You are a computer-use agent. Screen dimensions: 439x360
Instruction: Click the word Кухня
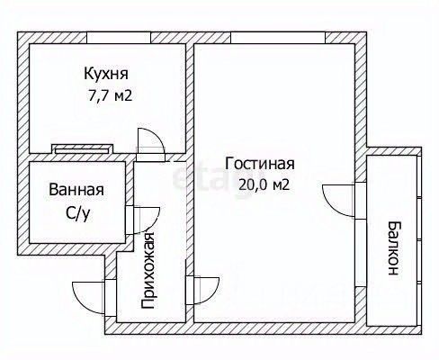tap(106, 74)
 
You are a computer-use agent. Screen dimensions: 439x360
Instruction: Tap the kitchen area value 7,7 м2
tap(110, 95)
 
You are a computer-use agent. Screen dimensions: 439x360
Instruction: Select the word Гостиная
tap(260, 164)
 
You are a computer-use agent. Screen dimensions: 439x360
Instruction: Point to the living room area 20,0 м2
tap(264, 185)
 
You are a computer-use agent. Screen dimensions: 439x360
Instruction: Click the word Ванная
tap(76, 190)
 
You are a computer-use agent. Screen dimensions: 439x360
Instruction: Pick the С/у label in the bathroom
tap(78, 213)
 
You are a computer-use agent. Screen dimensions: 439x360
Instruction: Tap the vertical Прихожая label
tap(148, 270)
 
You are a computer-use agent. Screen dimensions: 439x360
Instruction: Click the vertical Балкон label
tap(393, 247)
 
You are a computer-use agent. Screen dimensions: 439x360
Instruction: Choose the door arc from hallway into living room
tap(213, 294)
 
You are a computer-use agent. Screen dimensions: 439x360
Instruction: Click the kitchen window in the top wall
tap(119, 38)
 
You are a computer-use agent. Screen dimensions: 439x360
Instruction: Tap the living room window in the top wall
tap(278, 38)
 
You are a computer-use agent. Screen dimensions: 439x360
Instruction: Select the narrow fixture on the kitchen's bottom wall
tap(82, 149)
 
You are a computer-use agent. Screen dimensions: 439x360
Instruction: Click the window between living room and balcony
tap(361, 253)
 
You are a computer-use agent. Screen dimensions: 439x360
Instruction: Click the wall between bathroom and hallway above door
tap(130, 184)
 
